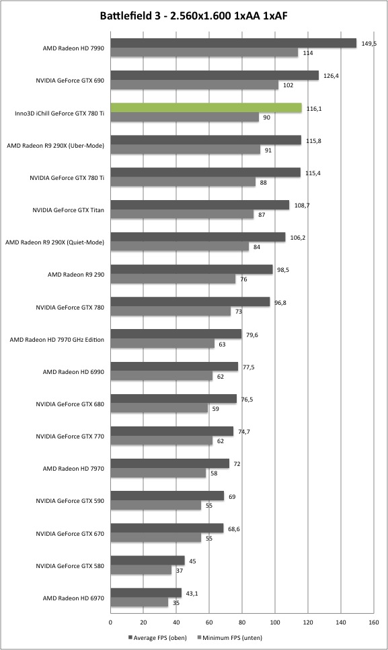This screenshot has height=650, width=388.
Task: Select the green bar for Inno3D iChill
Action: (206, 108)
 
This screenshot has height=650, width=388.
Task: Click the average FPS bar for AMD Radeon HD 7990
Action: (233, 43)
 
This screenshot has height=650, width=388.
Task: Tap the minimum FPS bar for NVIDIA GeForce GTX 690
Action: (194, 85)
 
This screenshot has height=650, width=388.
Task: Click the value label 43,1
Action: (192, 593)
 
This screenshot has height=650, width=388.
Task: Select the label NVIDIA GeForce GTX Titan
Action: (69, 210)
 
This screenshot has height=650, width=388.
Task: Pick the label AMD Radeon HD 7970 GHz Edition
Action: (57, 340)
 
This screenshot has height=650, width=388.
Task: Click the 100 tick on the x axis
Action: (275, 622)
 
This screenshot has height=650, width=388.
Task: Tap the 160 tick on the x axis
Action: (373, 622)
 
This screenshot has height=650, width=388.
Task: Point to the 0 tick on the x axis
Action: (110, 622)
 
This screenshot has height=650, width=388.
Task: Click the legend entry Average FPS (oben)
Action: (157, 637)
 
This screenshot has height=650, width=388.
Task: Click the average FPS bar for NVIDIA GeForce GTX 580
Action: (148, 561)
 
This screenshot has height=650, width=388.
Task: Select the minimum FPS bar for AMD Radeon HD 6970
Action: (139, 602)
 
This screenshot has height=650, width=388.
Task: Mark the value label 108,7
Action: (302, 205)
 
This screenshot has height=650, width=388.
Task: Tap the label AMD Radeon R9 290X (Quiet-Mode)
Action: (54, 242)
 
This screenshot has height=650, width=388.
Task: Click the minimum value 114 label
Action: (308, 53)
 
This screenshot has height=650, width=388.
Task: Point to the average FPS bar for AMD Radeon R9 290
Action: (192, 269)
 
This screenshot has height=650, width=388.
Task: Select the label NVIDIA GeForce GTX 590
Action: (70, 501)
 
